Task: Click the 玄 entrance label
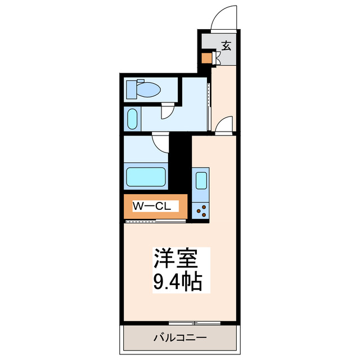point(226,46)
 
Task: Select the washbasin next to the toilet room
point(132,119)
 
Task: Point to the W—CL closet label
point(152,206)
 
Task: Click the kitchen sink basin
point(201,181)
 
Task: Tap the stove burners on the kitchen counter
point(201,210)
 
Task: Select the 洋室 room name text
point(175,260)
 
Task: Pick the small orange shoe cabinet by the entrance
point(206,57)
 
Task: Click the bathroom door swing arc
point(161,142)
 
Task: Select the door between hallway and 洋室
point(225,124)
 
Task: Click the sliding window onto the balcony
point(194,323)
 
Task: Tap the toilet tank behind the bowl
point(132,89)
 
